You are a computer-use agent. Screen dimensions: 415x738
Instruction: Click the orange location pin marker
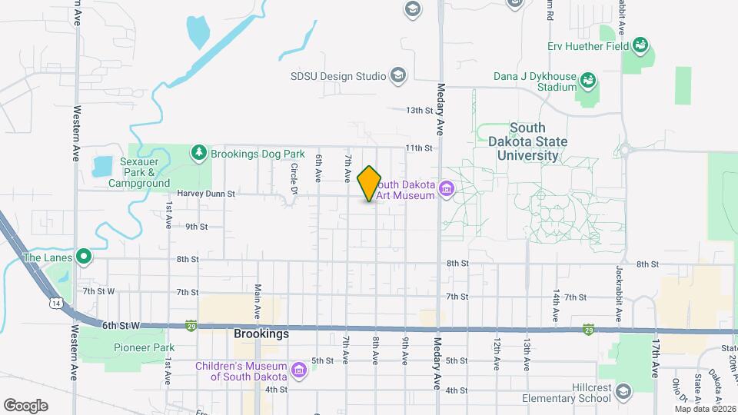[370, 183]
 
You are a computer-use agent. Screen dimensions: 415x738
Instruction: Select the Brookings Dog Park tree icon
[200, 153]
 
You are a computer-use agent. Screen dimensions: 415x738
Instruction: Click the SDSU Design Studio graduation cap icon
[398, 75]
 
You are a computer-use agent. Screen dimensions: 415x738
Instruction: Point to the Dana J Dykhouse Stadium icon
[588, 81]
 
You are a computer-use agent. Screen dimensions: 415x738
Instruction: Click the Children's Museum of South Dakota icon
[300, 371]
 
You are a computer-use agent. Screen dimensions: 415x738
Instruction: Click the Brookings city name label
[261, 334]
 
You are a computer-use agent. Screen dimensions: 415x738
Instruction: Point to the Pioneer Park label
[145, 347]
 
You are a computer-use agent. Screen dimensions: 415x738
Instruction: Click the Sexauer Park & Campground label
[139, 173]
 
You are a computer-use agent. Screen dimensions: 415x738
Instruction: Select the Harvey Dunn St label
[204, 194]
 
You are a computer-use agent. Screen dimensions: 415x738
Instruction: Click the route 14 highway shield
[55, 304]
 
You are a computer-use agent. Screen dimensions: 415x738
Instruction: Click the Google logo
[25, 405]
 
